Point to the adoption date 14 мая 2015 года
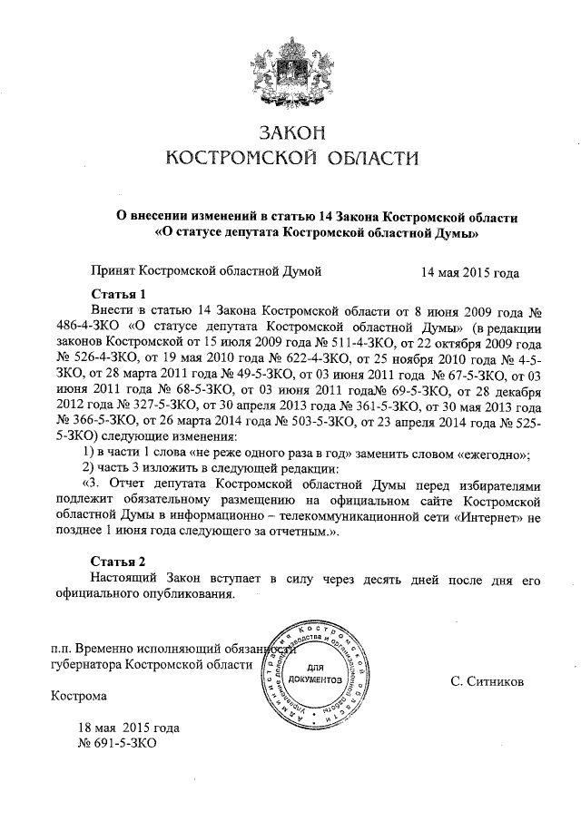pos(470,270)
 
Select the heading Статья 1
pos(120,294)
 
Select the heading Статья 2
pos(120,561)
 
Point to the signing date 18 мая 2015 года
pos(129,728)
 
